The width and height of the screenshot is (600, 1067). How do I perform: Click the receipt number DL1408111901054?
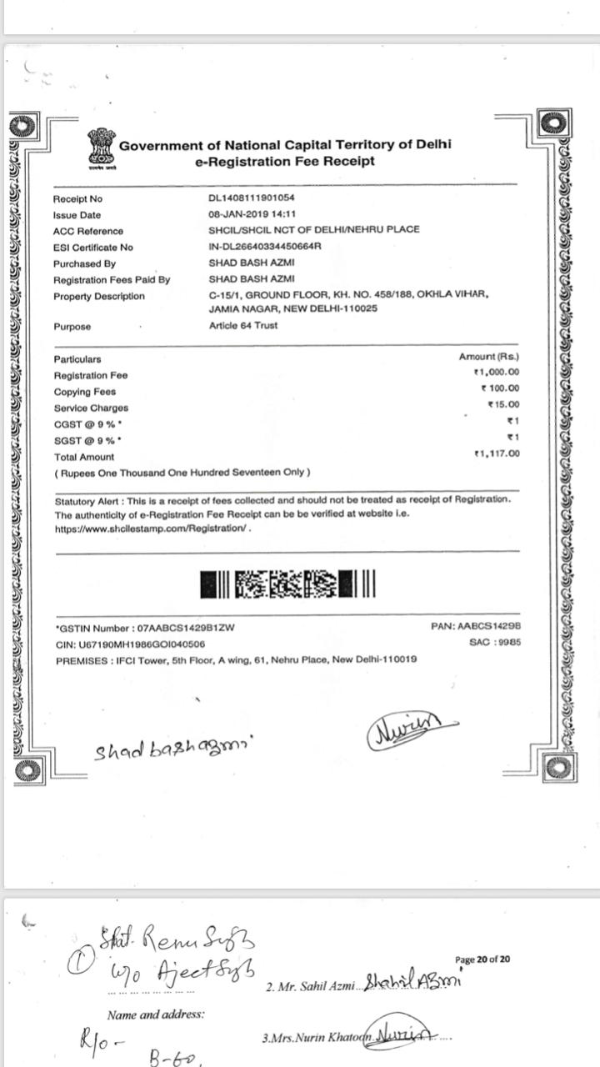click(252, 198)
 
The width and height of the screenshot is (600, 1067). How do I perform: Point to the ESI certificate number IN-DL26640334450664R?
click(265, 247)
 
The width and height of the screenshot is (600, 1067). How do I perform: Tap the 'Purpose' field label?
click(72, 327)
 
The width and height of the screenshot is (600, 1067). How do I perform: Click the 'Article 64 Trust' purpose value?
click(243, 325)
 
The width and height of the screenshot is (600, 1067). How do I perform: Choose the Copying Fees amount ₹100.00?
click(500, 388)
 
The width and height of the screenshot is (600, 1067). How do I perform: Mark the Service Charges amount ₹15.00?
click(503, 404)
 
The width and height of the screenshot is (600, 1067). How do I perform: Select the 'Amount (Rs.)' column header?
click(489, 357)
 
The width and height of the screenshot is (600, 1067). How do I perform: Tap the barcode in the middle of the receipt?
click(288, 584)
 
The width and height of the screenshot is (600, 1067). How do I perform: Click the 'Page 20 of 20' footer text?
click(482, 959)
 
